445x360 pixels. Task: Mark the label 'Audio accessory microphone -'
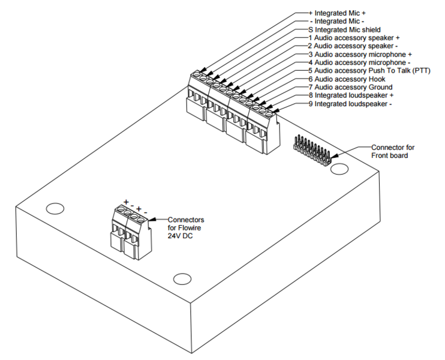pyautogui.click(x=359, y=62)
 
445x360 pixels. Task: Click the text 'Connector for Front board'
pyautogui.click(x=392, y=151)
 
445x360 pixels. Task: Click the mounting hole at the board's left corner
pyautogui.click(x=55, y=209)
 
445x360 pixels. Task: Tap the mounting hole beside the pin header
pyautogui.click(x=340, y=169)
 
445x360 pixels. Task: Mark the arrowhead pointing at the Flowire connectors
pyautogui.click(x=148, y=221)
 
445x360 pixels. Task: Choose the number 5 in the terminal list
pyautogui.click(x=311, y=70)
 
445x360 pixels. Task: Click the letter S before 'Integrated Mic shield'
pyautogui.click(x=311, y=29)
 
